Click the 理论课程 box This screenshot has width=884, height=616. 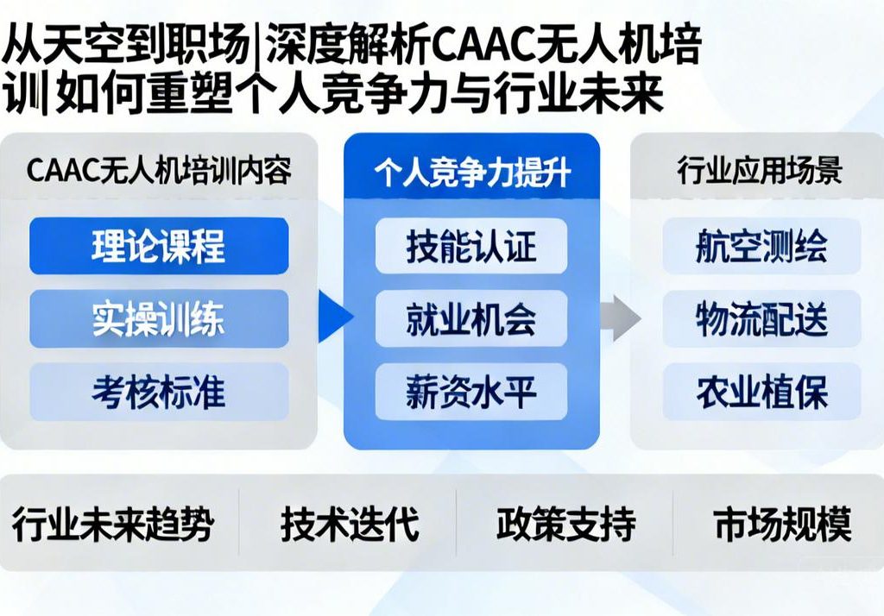pos(159,246)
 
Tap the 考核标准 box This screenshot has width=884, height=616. pos(159,392)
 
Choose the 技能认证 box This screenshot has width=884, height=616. pos(471,246)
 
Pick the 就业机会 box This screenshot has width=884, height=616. pos(471,318)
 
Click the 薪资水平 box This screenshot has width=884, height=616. pos(471,392)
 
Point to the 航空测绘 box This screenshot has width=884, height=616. pos(761,246)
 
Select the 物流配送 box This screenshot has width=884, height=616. pos(761,318)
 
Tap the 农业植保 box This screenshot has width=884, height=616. pos(761,392)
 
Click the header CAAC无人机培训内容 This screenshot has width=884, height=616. pos(159,170)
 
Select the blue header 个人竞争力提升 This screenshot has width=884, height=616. pos(471,172)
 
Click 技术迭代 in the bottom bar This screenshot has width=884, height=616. pos(349,524)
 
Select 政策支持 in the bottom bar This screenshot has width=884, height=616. pos(565,524)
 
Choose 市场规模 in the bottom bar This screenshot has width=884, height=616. pos(782,524)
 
